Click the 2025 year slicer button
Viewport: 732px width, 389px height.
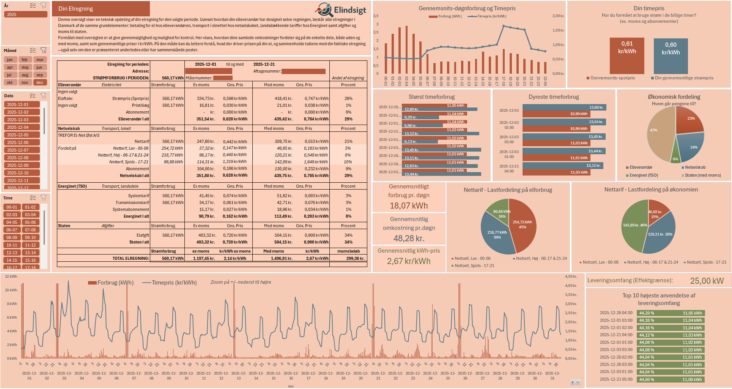(25, 14)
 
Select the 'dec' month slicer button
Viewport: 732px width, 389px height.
(40, 82)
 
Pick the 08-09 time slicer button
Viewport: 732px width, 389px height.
(12, 237)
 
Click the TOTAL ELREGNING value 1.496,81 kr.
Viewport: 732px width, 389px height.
(282, 258)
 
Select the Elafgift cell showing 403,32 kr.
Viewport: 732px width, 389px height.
(206, 235)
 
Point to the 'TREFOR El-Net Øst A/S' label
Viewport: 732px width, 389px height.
(79, 135)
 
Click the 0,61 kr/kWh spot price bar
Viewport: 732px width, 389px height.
(627, 55)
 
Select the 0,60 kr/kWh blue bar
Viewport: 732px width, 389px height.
(671, 56)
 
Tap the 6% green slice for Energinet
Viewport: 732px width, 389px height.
(675, 156)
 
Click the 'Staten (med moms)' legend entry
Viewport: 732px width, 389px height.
(702, 175)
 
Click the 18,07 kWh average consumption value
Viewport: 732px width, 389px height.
(409, 206)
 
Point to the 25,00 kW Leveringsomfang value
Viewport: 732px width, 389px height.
(707, 281)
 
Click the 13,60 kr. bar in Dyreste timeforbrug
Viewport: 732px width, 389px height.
(564, 108)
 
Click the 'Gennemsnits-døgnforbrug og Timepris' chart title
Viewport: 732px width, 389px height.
(467, 8)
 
